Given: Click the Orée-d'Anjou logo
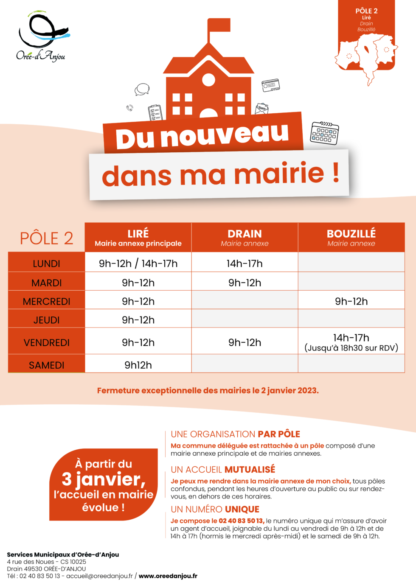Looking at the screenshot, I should (41, 36).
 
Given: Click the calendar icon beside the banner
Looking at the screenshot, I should (325, 133).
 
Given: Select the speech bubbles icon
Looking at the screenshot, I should (142, 90).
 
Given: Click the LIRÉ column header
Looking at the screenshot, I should (138, 238).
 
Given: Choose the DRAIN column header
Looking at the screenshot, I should (245, 238).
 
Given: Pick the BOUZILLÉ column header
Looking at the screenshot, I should (351, 238).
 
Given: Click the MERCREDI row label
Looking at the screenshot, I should (47, 301).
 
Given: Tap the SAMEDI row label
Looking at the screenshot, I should (47, 365).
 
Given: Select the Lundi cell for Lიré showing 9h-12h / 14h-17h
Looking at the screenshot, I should (138, 263).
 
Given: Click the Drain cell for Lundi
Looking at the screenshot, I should (245, 263).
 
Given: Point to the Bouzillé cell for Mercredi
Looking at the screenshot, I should (351, 301).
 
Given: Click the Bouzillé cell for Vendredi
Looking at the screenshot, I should (351, 342).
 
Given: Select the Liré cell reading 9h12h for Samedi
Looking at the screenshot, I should (138, 365).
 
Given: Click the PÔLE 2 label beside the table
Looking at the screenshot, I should (47, 238).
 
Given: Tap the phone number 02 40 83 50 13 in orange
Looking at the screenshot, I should (241, 521).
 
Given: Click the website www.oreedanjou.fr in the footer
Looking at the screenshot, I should (168, 576).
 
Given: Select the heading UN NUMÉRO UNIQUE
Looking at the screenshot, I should (215, 509).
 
